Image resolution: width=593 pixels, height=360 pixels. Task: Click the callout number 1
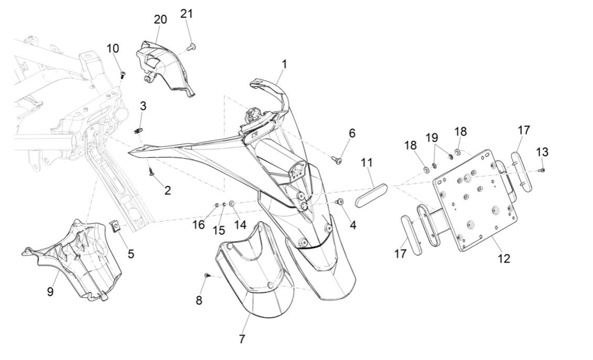click(284, 64)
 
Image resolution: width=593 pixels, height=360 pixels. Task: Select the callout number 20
click(160, 20)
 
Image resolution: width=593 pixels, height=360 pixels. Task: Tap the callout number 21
click(187, 14)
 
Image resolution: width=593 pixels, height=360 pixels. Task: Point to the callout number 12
click(504, 258)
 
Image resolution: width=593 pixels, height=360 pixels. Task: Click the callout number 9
click(50, 291)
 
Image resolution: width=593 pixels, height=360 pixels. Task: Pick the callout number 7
click(242, 339)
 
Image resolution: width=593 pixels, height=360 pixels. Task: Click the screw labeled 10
click(123, 75)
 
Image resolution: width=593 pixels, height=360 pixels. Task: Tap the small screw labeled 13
click(543, 170)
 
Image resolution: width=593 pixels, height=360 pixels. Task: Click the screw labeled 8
click(206, 275)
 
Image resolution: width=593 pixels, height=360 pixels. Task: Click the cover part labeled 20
click(163, 68)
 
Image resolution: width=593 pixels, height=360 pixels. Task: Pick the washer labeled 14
click(232, 203)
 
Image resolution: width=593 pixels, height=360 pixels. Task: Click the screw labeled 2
click(151, 170)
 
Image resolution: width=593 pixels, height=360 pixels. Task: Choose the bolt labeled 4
click(340, 202)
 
